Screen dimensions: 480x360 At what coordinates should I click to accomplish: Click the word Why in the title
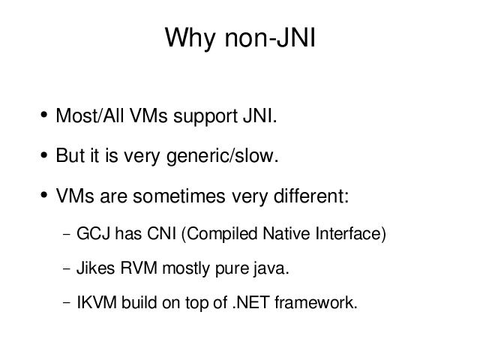pos(190,38)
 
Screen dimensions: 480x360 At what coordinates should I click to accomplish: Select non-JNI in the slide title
pos(270,37)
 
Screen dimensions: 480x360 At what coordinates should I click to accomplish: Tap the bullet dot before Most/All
pos(44,115)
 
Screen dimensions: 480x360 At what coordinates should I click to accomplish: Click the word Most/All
pos(90,115)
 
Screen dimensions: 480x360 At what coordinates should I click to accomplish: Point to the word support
pos(205,117)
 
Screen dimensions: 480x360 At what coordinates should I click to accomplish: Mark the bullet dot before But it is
pos(44,155)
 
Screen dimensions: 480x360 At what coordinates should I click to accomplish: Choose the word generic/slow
pos(222,156)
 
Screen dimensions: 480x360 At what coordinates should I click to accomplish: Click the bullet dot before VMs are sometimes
pos(44,195)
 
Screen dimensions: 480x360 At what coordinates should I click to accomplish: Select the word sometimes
pos(179,196)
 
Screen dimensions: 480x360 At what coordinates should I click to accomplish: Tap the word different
pos(311,195)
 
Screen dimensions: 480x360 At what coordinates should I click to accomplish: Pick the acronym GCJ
pos(93,233)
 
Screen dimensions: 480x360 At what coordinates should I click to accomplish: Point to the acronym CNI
pos(162,233)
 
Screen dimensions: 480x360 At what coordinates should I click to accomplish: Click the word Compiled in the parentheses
pos(220,234)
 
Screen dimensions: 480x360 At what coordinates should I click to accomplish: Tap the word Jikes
pos(95,268)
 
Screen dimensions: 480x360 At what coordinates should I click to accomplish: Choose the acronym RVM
pos(139,268)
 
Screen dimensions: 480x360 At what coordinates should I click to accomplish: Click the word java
pos(271,269)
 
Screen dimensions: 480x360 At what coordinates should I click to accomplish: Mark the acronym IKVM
pos(97,302)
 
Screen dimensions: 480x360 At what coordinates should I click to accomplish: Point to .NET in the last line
pos(251,302)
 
